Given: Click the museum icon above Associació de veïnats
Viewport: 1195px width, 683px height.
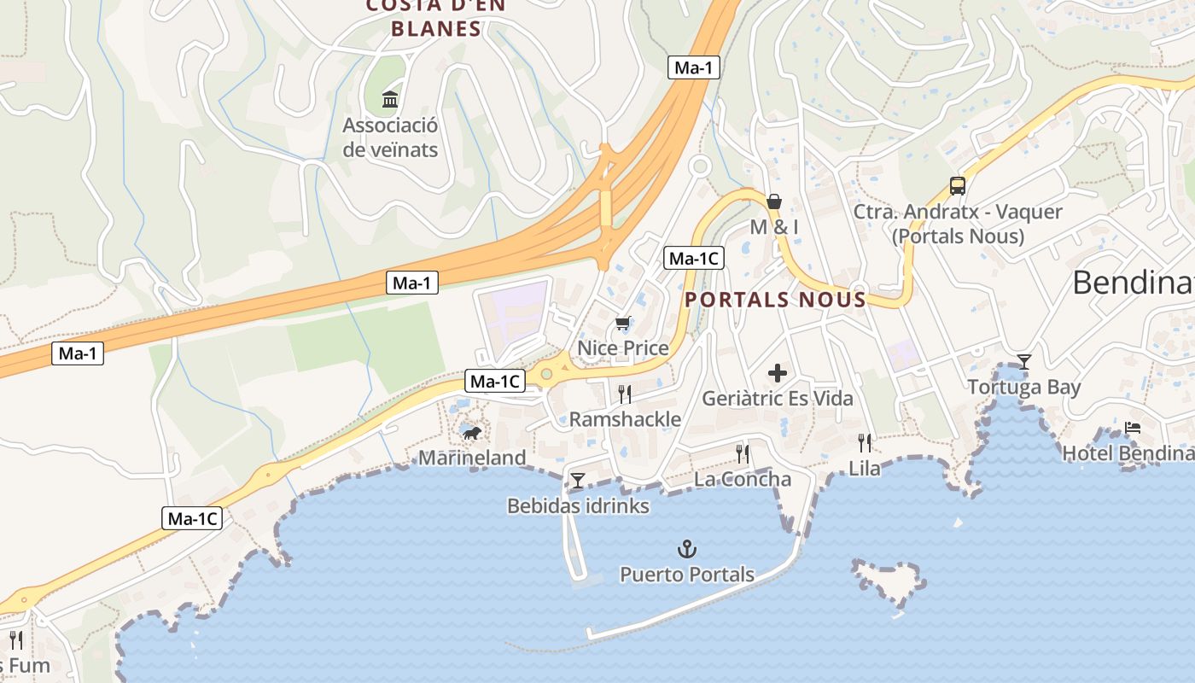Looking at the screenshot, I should [x=390, y=99].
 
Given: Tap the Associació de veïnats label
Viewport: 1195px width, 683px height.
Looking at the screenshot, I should [x=390, y=137].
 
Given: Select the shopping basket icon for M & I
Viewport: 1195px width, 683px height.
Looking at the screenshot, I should [x=774, y=201].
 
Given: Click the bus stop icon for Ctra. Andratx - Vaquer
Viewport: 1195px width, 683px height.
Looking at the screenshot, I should [x=958, y=185].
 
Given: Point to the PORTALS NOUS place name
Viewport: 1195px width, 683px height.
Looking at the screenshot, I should [x=776, y=300].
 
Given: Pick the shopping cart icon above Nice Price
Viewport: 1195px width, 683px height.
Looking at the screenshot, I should [x=623, y=323].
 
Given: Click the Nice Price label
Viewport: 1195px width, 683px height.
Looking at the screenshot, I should [x=623, y=347].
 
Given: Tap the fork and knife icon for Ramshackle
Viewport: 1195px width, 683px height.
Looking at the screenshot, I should [x=625, y=394].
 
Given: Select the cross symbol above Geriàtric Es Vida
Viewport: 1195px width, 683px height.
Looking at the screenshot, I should [x=778, y=373].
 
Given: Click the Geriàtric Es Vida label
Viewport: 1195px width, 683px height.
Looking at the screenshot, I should [x=778, y=398].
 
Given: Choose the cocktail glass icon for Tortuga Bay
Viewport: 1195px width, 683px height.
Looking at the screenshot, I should [x=1024, y=362].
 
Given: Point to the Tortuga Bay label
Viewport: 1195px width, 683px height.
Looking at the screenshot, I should [x=1024, y=387].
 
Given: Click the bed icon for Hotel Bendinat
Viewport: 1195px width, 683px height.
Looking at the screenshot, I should [x=1133, y=428].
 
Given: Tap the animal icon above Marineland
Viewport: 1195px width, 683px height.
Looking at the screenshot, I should [x=471, y=434].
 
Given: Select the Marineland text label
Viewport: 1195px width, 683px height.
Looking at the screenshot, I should [x=472, y=458].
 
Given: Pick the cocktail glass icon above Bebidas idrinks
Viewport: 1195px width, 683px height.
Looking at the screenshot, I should [x=578, y=481].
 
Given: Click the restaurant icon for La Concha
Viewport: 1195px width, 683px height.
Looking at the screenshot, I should [x=743, y=453].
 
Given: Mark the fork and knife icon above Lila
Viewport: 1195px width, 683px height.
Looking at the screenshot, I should [x=865, y=442].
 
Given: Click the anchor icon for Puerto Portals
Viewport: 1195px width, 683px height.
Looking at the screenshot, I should [x=687, y=549].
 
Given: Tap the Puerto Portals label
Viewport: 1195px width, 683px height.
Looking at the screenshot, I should [x=687, y=574].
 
